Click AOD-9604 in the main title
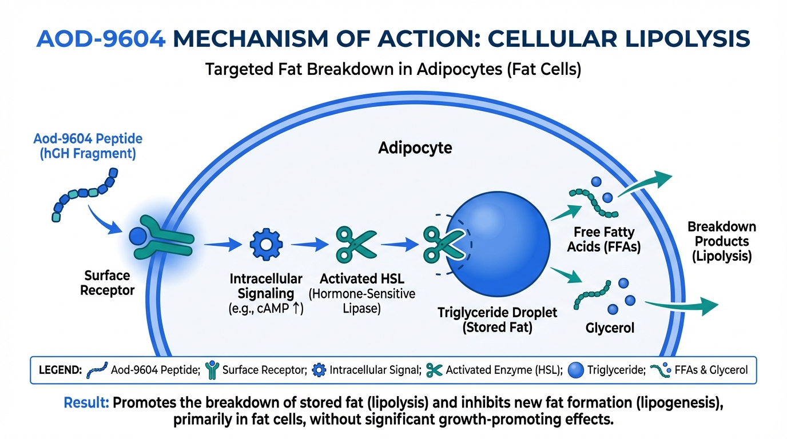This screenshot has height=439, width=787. (101, 39)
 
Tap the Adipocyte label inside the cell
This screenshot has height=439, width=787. (415, 148)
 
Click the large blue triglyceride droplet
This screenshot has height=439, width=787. (498, 244)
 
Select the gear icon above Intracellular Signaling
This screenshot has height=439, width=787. (266, 245)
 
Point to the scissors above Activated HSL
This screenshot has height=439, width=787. (356, 245)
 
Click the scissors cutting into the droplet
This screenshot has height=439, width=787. (444, 245)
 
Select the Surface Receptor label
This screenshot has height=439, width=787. (107, 283)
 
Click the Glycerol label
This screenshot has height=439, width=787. (610, 328)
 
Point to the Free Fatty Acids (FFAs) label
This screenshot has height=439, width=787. (604, 239)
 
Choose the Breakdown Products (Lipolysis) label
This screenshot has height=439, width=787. (722, 241)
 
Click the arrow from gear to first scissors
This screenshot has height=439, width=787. (309, 244)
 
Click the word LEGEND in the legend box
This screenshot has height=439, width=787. (60, 370)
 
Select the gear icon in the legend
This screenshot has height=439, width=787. (319, 370)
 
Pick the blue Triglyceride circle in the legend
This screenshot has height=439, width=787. (575, 370)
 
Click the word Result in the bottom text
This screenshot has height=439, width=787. (86, 402)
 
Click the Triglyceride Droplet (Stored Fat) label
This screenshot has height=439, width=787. (497, 320)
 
